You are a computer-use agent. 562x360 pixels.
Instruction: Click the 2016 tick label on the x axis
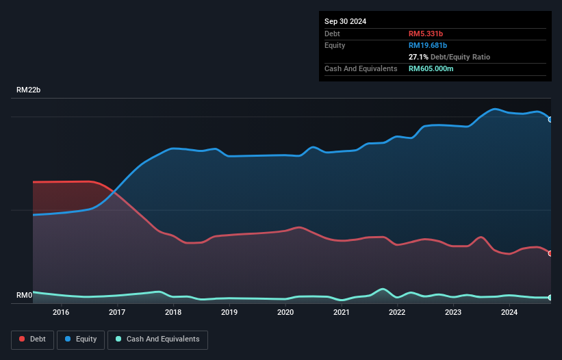coord(61,313)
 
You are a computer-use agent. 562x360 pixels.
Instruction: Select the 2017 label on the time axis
coord(117,313)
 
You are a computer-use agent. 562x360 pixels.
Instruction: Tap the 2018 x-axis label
coord(173,313)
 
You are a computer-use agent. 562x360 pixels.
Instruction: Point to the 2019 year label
coord(229,313)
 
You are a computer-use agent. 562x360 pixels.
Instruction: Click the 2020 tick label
coord(285,313)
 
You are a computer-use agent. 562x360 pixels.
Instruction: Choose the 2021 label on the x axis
coord(341,313)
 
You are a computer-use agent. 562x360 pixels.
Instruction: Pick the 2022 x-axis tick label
coord(397,313)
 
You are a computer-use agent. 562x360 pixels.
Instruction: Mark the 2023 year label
coord(453,313)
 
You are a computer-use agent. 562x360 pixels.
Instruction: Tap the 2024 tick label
coord(509,313)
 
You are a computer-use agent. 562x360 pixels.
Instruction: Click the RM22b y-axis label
coord(29,90)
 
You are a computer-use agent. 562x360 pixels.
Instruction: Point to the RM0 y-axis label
coord(24,296)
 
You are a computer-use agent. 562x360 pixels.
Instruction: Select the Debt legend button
coord(32,339)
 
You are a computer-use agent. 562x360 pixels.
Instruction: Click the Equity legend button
coord(81,339)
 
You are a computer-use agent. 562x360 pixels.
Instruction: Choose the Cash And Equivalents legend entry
coord(157,339)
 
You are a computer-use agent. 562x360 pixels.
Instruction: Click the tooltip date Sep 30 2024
coord(345,21)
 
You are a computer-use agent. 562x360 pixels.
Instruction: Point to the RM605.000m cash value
coord(431,68)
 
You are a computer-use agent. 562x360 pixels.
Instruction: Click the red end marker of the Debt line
coord(550,253)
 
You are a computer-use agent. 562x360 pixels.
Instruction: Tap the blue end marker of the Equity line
coord(550,120)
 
